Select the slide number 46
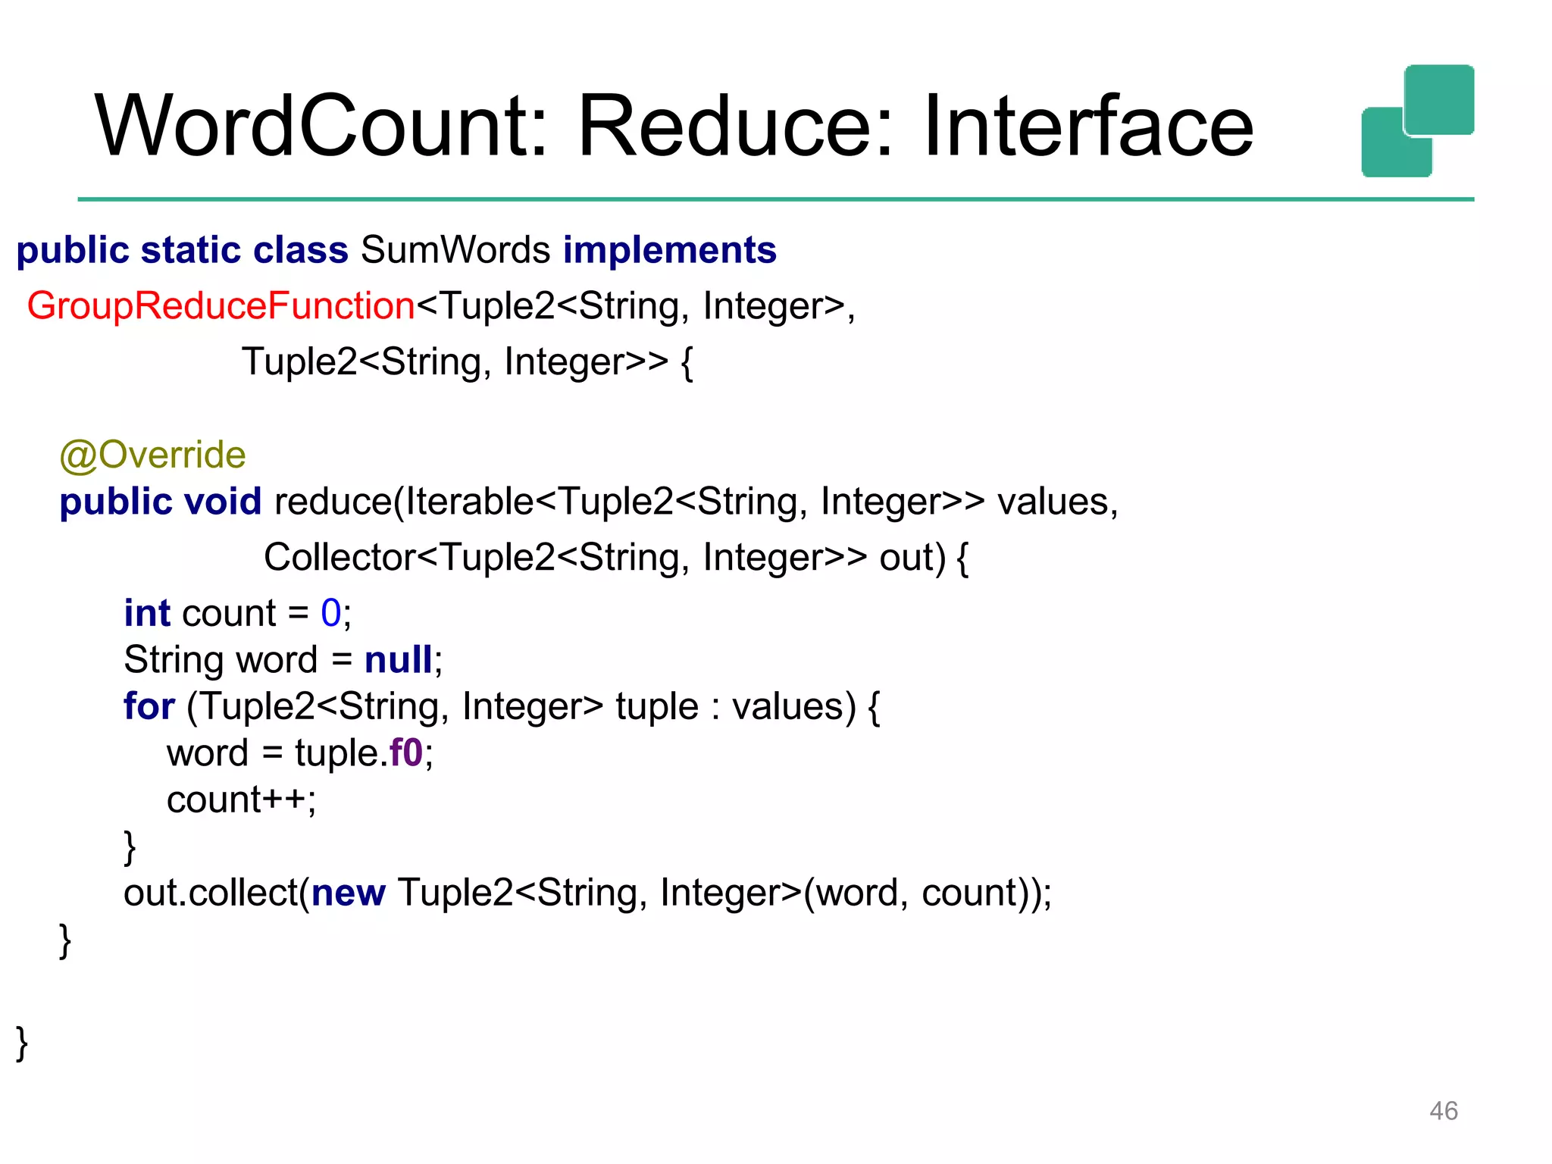(1443, 1110)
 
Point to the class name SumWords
(455, 250)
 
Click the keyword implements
(670, 250)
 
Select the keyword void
(223, 502)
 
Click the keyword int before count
(147, 613)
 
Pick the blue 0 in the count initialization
(331, 613)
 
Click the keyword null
(399, 660)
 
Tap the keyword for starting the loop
(149, 706)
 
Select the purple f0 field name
(405, 753)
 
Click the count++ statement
(241, 800)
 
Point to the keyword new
(349, 893)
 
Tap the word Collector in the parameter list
(339, 558)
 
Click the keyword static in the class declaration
(191, 250)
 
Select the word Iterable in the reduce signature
(470, 502)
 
